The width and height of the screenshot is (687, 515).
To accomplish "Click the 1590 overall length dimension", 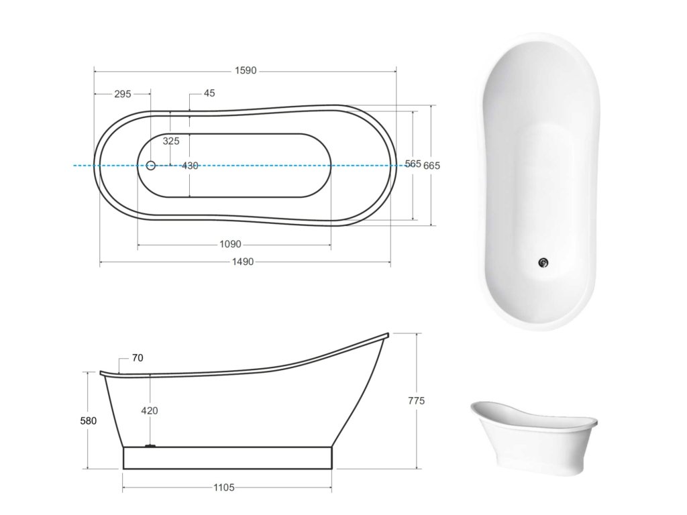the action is coord(246,70).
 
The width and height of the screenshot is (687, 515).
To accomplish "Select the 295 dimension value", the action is coord(123,94).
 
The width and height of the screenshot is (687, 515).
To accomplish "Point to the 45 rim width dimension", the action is coord(209,93).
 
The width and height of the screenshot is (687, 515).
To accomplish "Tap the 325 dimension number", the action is coord(171,141).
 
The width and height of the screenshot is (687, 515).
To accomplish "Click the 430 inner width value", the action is coord(190,166).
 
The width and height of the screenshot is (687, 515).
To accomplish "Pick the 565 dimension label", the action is coord(413,164).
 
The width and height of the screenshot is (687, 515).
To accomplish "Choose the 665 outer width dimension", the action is coord(431,166).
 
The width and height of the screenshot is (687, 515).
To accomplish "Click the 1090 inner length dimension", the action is coord(231,244).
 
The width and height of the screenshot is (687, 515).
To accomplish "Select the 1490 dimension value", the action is coord(243,262).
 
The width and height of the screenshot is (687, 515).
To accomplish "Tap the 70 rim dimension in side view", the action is coord(138,358).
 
